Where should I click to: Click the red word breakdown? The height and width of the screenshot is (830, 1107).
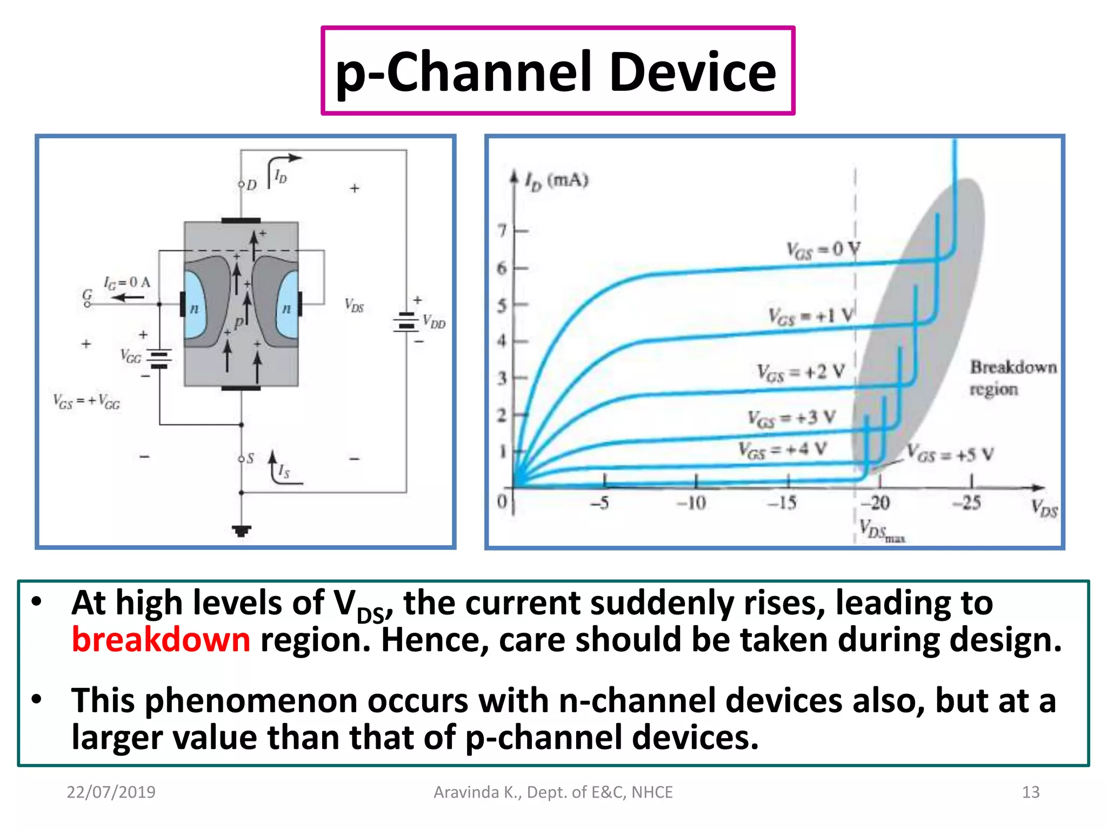161,640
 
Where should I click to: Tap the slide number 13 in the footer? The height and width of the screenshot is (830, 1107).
1030,792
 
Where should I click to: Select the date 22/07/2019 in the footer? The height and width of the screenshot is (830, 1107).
111,792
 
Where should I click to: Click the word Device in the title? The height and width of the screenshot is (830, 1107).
692,72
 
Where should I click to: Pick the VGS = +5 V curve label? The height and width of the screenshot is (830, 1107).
950,454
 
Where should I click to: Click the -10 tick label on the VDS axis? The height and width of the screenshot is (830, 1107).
691,504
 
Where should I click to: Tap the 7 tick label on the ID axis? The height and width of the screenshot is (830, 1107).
503,231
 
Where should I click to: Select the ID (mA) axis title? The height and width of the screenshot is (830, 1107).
557,181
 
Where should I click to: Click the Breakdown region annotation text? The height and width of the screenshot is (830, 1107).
1012,378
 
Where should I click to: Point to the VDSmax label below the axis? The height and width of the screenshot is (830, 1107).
881,530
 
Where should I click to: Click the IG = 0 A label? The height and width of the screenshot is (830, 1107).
127,283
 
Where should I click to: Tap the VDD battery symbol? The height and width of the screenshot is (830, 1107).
406,322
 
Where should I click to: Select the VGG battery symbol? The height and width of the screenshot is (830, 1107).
159,358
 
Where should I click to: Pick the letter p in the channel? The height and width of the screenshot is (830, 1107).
238,323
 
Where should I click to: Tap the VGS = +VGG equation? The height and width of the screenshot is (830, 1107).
86,401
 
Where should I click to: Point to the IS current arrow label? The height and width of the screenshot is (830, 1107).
283,471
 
